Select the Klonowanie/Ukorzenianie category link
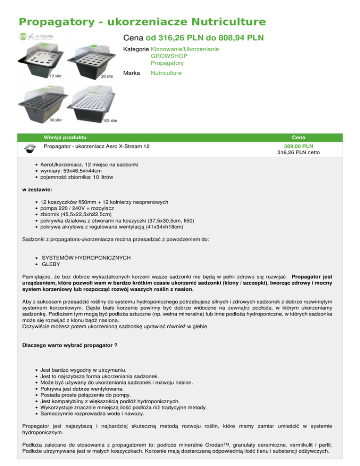pyautogui.click(x=185, y=49)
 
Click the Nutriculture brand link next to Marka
pyautogui.click(x=166, y=73)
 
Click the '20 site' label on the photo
pyautogui.click(x=107, y=76)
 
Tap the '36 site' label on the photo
pyautogui.click(x=57, y=119)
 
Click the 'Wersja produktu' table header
pyautogui.click(x=65, y=137)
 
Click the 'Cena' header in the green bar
pyautogui.click(x=299, y=137)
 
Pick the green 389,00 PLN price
pyautogui.click(x=299, y=146)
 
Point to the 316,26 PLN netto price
pyautogui.click(x=299, y=152)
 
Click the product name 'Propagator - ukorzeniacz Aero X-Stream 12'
pyautogui.click(x=97, y=146)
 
